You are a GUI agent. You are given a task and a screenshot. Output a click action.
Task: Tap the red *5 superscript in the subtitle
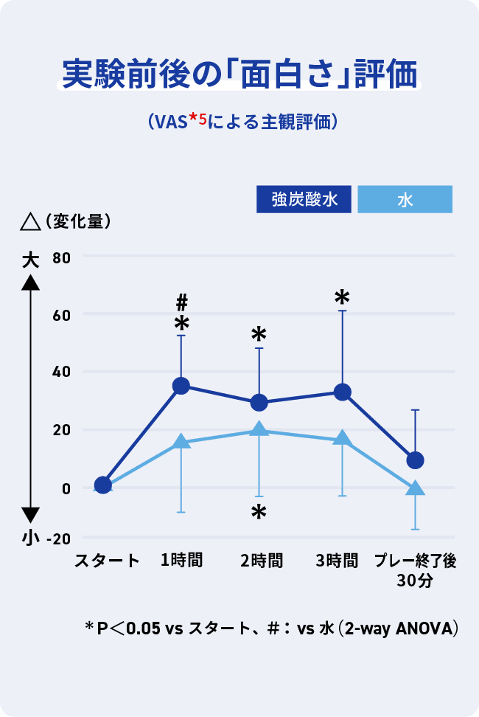pyautogui.click(x=198, y=118)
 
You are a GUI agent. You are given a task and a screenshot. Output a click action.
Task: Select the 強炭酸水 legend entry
pyautogui.click(x=304, y=199)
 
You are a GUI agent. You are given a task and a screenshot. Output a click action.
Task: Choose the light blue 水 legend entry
pyautogui.click(x=405, y=199)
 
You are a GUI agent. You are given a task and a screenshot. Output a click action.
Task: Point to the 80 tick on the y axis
pyautogui.click(x=61, y=257)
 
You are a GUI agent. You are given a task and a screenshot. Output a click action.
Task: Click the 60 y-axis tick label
pyautogui.click(x=61, y=315)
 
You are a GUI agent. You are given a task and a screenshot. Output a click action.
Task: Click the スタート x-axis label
pyautogui.click(x=107, y=561)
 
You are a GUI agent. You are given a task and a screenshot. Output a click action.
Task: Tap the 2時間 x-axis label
pyautogui.click(x=262, y=561)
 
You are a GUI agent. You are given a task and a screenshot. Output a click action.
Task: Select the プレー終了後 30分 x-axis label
pyautogui.click(x=414, y=569)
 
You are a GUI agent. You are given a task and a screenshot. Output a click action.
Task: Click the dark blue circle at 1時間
pyautogui.click(x=181, y=386)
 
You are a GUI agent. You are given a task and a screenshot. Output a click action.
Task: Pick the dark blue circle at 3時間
pyautogui.click(x=342, y=392)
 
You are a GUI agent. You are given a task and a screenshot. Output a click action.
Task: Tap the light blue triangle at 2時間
pyautogui.click(x=259, y=430)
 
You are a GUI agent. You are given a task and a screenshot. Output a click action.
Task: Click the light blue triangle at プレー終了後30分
pyautogui.click(x=415, y=488)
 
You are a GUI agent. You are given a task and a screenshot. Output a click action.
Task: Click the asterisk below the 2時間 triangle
pyautogui.click(x=259, y=513)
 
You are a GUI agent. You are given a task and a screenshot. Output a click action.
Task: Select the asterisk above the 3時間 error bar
pyautogui.click(x=342, y=297)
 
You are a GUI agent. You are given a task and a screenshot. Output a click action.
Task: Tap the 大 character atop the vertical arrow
pyautogui.click(x=29, y=259)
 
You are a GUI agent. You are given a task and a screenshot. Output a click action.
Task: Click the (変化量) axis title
pyautogui.click(x=77, y=221)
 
